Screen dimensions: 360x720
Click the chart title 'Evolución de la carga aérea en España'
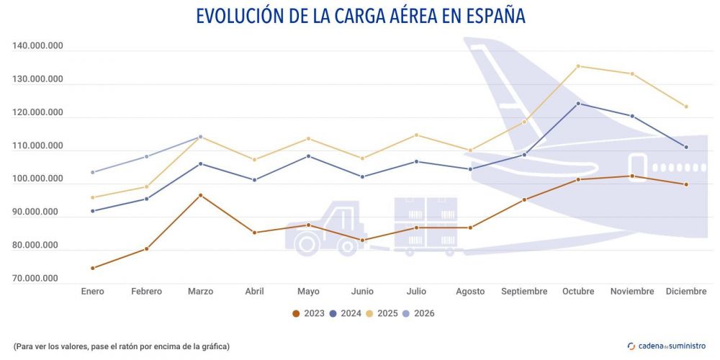[x=360, y=15]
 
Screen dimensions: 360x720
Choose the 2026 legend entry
[x=419, y=313]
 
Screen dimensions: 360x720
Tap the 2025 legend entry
[x=382, y=313]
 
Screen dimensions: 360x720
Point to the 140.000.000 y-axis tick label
[x=38, y=47]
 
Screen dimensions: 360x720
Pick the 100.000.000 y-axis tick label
[x=38, y=179]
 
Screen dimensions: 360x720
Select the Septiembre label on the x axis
[x=524, y=292]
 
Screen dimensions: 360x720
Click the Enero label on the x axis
[x=93, y=292]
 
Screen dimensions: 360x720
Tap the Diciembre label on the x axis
[x=686, y=292]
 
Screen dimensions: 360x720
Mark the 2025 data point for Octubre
[x=578, y=66]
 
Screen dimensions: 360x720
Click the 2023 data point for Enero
[x=93, y=268]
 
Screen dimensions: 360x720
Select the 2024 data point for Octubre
[x=578, y=104]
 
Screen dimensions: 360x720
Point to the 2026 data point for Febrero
[x=147, y=156]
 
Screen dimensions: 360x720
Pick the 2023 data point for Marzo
[x=201, y=195]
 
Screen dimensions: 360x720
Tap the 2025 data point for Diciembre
[x=686, y=107]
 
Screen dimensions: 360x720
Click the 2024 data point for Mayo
[x=309, y=156]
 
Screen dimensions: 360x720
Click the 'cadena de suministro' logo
[x=667, y=346]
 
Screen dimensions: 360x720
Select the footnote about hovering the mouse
[x=121, y=346]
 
